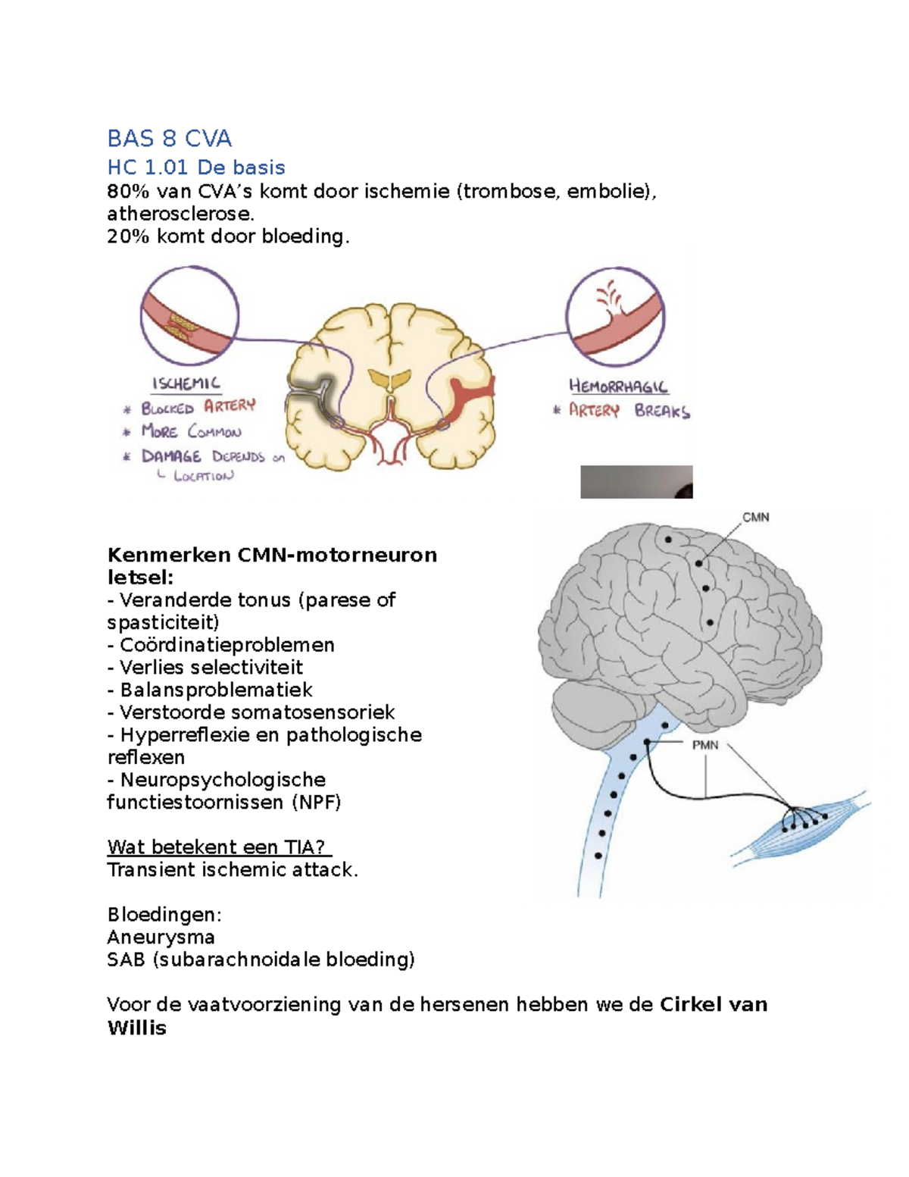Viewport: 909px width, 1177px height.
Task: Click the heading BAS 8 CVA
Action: [x=170, y=139]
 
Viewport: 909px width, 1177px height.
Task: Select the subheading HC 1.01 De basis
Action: [x=196, y=167]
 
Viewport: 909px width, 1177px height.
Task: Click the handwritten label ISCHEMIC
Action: [x=186, y=383]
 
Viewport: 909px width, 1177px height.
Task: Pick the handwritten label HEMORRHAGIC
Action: [x=618, y=387]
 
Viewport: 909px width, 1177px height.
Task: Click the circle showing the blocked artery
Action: [x=189, y=315]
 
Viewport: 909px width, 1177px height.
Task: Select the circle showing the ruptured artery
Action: [x=616, y=317]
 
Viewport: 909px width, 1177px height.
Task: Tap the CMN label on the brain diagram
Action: [x=755, y=518]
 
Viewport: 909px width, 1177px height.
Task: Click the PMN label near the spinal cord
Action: [x=705, y=745]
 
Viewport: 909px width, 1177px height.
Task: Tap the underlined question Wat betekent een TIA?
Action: [x=219, y=847]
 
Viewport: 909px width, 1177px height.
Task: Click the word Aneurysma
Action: [x=161, y=937]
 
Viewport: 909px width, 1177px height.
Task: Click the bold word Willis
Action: [x=137, y=1028]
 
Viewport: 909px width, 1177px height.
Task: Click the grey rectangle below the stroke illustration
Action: [x=636, y=481]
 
